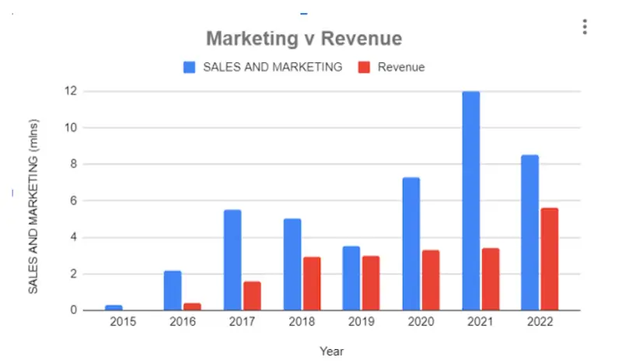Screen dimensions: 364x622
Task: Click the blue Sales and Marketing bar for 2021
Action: tap(470, 201)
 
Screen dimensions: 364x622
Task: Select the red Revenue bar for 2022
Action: tap(549, 259)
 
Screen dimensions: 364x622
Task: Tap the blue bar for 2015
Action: tap(114, 307)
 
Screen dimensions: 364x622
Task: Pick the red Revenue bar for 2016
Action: tap(191, 306)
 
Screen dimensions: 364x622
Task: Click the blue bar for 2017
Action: tap(232, 260)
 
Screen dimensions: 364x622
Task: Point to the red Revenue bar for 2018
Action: tap(311, 283)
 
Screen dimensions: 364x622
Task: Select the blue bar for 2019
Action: tap(351, 278)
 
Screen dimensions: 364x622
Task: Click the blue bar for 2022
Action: tap(529, 233)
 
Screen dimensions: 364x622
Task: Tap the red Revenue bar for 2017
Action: tap(251, 296)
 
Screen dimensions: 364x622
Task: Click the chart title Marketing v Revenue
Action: tap(303, 38)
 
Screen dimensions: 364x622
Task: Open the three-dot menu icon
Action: tap(585, 27)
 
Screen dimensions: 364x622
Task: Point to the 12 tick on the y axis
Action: tap(70, 91)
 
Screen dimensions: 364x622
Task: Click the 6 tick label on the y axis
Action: tap(73, 201)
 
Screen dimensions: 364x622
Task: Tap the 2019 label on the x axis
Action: tap(361, 321)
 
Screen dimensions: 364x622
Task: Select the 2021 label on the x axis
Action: tap(480, 321)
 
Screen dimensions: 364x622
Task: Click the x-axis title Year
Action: tap(331, 352)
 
